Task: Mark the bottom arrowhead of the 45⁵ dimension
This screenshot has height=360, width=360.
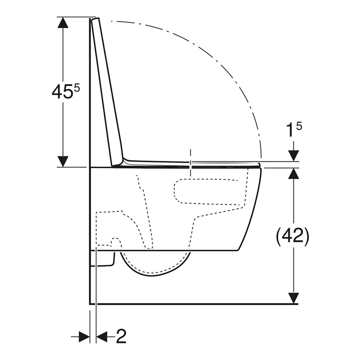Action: tap(63, 161)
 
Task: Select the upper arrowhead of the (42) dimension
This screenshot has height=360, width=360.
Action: tap(294, 173)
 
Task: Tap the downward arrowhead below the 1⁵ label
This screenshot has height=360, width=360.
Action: tap(294, 156)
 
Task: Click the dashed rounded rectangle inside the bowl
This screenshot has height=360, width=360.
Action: tap(210, 191)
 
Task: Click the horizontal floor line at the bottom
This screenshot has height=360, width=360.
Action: tap(195, 304)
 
